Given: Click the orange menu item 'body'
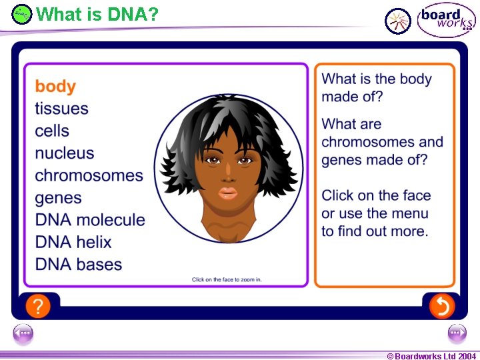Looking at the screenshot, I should (55, 87).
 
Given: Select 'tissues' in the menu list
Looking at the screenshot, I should (61, 109).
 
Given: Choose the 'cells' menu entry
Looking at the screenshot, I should (52, 131).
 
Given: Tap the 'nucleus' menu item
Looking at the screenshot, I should (65, 153).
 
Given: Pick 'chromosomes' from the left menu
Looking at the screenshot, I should (89, 176).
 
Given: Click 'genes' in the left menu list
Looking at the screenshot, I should (58, 198).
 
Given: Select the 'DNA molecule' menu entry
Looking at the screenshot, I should (89, 220).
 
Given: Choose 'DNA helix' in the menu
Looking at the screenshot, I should (73, 242).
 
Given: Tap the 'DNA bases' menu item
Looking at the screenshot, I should (79, 265).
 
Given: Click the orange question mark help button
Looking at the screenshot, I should (38, 306).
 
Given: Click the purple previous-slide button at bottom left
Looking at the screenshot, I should (23, 333).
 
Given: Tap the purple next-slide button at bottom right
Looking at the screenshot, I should (457, 333).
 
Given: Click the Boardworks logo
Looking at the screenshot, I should (446, 19).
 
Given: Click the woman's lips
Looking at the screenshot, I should (228, 193).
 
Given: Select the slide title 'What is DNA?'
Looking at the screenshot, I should (97, 13).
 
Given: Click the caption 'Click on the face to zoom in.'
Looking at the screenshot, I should (227, 279).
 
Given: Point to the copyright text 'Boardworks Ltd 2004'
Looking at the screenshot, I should (431, 356).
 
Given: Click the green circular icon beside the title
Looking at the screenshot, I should (22, 14).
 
